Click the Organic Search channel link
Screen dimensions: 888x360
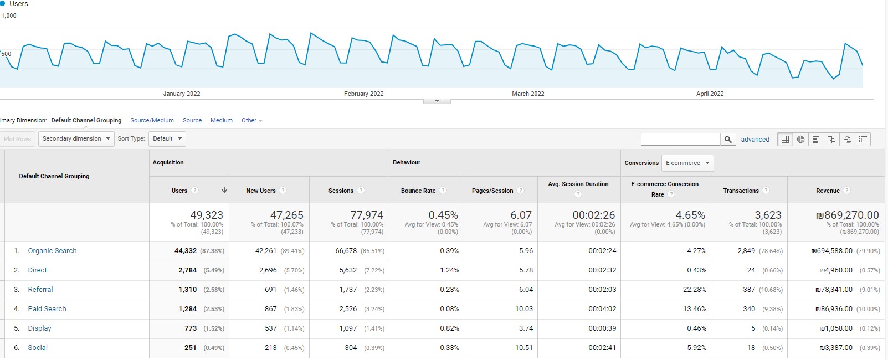[x=52, y=250]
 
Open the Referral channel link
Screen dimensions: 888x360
[x=40, y=290]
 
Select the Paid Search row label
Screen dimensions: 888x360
[x=47, y=309]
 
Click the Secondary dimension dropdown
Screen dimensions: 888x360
[x=76, y=139]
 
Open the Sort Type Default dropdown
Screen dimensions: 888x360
[x=167, y=139]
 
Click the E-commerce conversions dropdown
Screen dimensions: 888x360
[x=687, y=163]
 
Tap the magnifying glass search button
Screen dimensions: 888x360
[x=728, y=139]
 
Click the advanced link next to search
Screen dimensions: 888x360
[x=755, y=139]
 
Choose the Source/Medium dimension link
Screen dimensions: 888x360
[x=152, y=120]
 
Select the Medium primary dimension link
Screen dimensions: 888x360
[x=222, y=120]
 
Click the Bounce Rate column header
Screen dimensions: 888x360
[x=418, y=191]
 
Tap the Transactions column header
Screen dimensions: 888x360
[x=741, y=191]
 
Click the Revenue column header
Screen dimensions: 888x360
[x=828, y=191]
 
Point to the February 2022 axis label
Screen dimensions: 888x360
[x=363, y=94]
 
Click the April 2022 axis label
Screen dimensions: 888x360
[x=710, y=94]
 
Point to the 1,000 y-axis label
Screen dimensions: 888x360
[x=9, y=16]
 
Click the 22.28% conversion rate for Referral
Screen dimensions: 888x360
[x=695, y=290]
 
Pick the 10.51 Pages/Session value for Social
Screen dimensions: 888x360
[x=523, y=348]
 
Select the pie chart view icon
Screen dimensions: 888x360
[x=801, y=139]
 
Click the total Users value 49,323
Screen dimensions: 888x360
[x=207, y=215]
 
